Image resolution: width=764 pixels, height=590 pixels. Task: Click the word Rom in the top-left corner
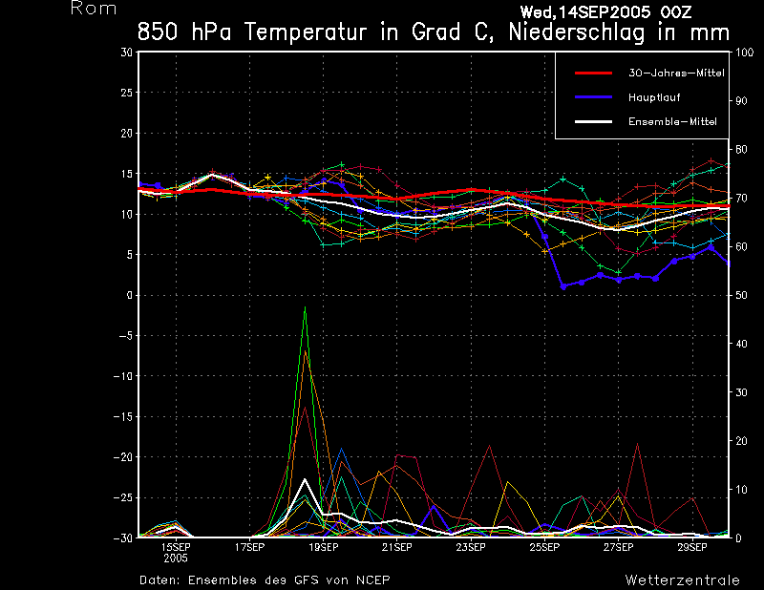94,9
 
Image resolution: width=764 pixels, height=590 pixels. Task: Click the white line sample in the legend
592,122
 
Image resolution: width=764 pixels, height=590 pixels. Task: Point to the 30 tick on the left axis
126,53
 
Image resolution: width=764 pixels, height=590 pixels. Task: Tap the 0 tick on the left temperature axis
129,296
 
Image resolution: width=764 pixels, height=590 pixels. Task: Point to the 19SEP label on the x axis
323,548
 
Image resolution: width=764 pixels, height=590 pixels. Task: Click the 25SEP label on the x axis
543,548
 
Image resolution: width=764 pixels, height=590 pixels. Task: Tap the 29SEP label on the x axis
691,548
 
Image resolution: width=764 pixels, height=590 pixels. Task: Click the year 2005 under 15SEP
176,559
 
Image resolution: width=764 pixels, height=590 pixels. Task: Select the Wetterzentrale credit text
682,579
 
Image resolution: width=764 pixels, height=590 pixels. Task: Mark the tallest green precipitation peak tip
305,307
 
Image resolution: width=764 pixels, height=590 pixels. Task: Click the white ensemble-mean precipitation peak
305,479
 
